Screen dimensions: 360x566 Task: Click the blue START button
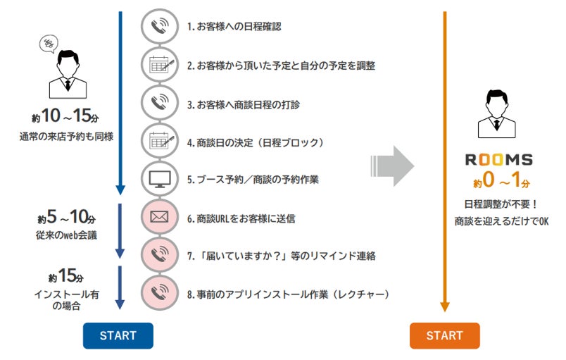tap(118, 336)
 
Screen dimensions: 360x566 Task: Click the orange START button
tap(444, 336)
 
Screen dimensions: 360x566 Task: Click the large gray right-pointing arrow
tap(391, 166)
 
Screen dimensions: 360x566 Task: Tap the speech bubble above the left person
tap(49, 45)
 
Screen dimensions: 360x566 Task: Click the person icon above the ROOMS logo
tap(497, 113)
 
